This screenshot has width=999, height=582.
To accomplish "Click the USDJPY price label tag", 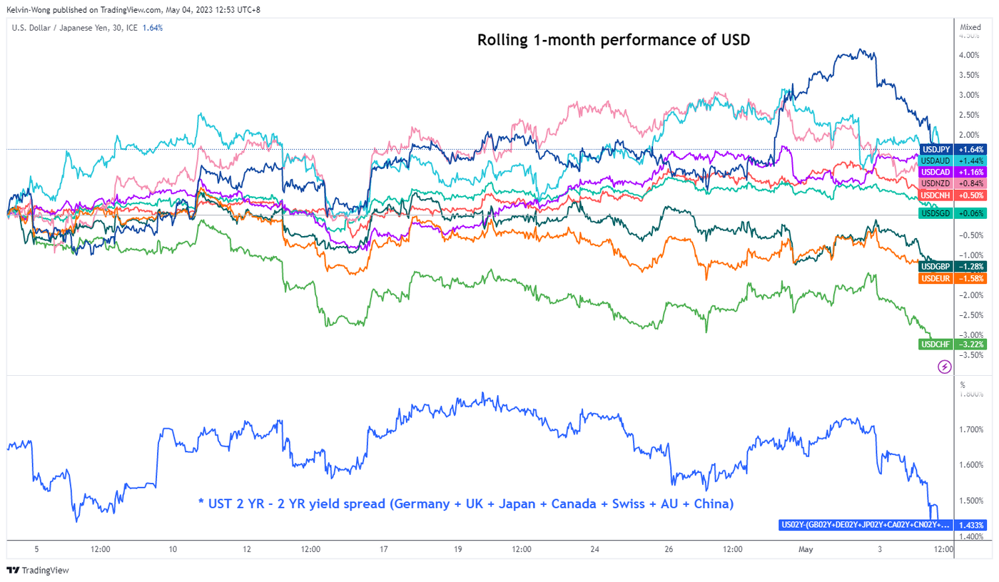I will point(953,150).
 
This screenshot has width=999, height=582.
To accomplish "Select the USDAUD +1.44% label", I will point(953,161).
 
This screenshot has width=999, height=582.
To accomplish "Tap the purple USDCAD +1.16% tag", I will point(953,173).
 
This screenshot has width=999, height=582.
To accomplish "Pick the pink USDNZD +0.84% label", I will point(953,184).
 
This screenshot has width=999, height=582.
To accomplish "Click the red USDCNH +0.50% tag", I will point(953,195).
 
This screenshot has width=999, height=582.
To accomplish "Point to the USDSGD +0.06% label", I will point(953,213).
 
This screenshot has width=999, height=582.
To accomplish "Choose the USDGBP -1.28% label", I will point(953,267).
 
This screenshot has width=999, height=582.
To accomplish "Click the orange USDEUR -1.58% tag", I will point(953,278).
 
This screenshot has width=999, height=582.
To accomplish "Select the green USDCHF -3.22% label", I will point(953,344).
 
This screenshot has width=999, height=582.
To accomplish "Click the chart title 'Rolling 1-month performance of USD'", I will point(614,41).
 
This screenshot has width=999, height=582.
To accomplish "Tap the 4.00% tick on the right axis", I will point(968,55).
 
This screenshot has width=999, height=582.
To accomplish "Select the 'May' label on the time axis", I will point(806,549).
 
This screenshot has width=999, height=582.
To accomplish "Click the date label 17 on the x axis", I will point(384,549).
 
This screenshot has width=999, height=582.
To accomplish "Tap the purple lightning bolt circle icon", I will point(944,367).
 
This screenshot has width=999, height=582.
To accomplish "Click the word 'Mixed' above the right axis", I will point(970,27).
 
